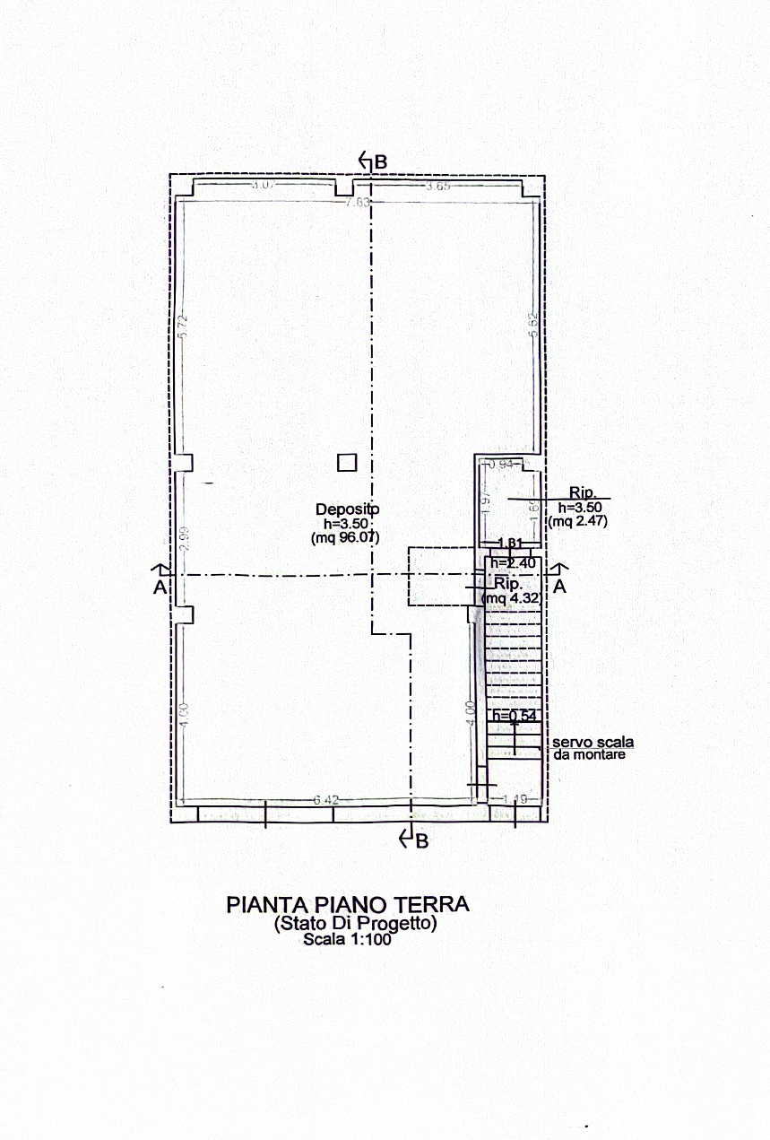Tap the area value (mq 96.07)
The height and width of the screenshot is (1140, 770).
(346, 538)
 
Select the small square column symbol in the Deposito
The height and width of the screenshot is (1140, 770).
(347, 462)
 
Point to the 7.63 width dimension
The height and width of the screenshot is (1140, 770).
(358, 202)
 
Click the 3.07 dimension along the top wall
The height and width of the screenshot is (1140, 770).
(261, 185)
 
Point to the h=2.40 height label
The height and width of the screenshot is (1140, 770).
(513, 562)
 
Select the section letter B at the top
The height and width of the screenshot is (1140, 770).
(380, 161)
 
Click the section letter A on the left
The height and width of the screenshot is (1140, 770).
(160, 587)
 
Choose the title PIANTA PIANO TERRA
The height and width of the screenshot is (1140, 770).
(347, 902)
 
